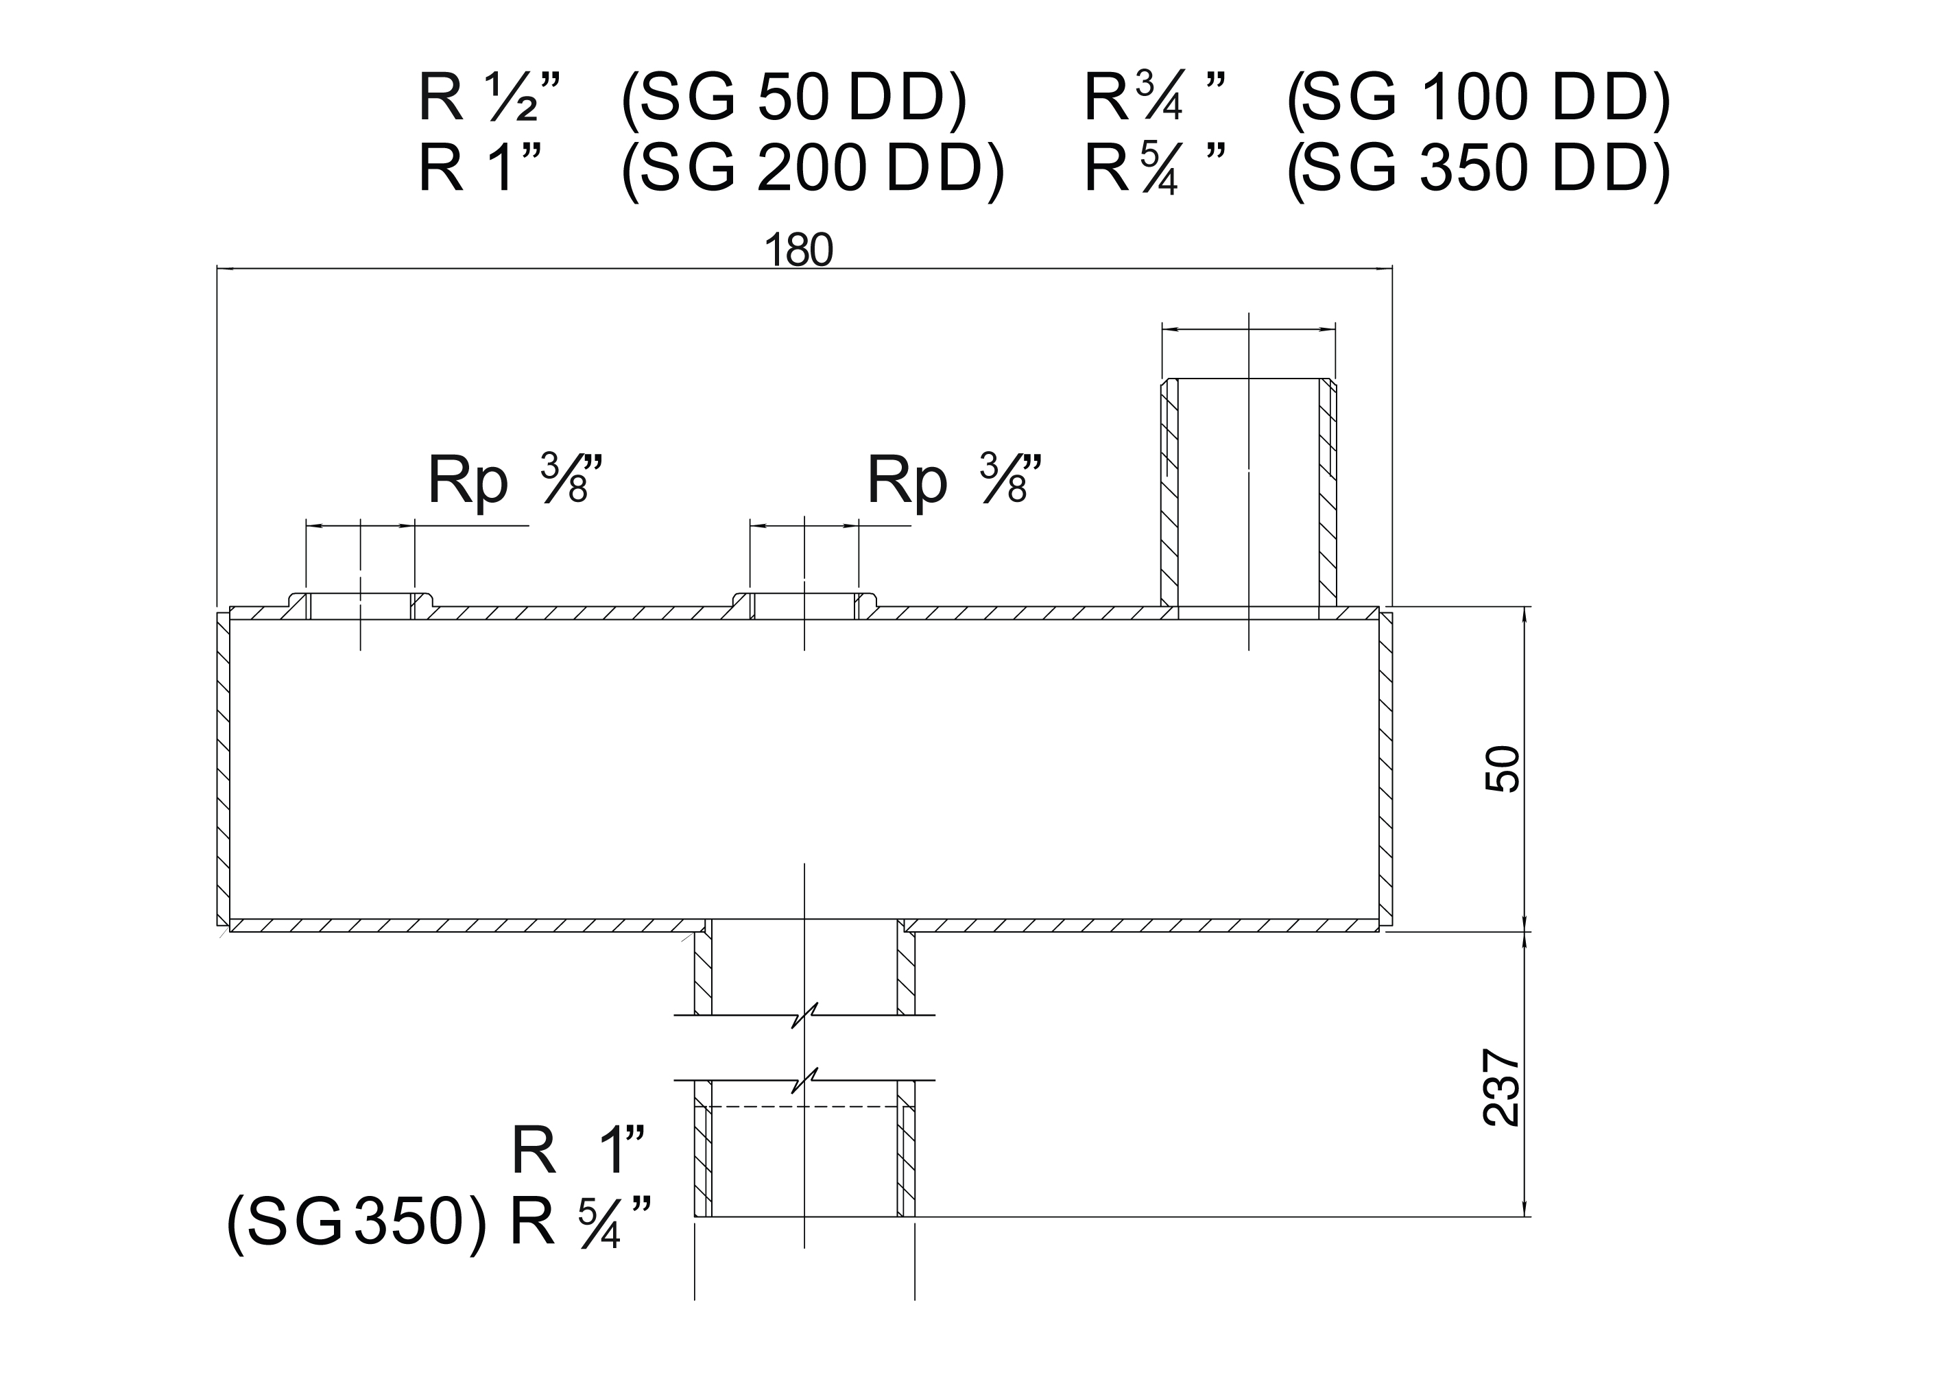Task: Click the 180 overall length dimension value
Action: tap(799, 250)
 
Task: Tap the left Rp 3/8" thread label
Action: tap(516, 481)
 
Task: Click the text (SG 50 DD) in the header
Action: tap(795, 99)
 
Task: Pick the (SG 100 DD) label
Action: tap(1479, 99)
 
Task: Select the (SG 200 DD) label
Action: tap(813, 169)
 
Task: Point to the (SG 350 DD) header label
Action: tap(1479, 169)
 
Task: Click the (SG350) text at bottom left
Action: tap(357, 1223)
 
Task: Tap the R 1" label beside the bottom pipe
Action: tap(579, 1151)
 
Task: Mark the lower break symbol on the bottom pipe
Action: tap(804, 1081)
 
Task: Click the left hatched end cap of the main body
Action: tap(224, 769)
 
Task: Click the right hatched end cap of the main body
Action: tap(1385, 769)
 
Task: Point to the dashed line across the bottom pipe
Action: tap(804, 1107)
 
